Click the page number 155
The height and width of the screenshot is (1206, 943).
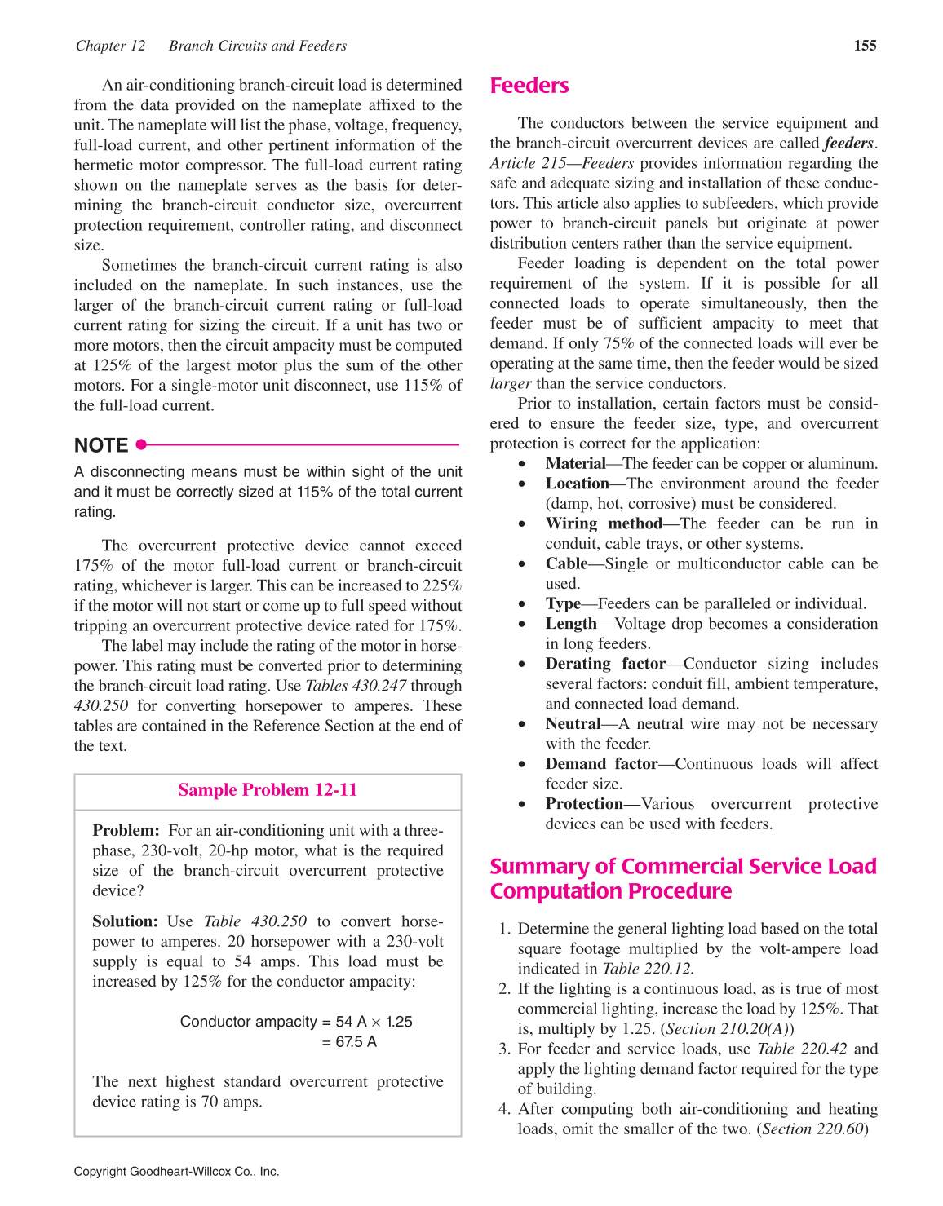(865, 46)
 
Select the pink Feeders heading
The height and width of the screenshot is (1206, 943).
(529, 86)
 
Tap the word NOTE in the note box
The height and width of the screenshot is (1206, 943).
(101, 445)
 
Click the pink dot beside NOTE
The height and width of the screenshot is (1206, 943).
(141, 444)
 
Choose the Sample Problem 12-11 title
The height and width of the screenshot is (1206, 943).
(268, 790)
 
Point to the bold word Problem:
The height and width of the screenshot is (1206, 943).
(126, 831)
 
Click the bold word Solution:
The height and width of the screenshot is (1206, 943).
(125, 921)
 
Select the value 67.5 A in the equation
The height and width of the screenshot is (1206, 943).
(356, 1042)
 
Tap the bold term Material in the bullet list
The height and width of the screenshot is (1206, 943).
(575, 464)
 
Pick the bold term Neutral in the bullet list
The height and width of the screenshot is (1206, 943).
(573, 724)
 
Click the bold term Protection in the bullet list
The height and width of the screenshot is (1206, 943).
(584, 804)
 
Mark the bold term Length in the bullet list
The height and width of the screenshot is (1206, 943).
(571, 624)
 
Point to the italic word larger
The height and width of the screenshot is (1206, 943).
(510, 383)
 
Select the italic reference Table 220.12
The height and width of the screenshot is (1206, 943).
(648, 969)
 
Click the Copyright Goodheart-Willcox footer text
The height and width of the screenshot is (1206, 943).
(176, 1172)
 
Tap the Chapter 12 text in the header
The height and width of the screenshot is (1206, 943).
(110, 46)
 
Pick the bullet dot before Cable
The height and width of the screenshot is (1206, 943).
(522, 564)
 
